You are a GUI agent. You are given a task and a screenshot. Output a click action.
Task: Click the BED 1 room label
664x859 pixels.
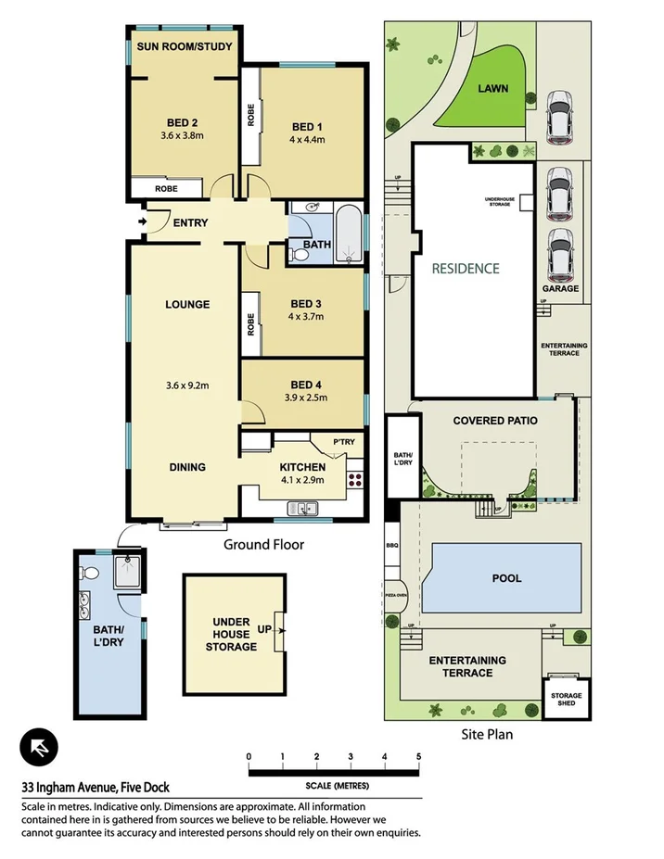[307, 127]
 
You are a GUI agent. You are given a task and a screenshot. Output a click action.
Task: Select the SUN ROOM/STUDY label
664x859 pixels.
[185, 46]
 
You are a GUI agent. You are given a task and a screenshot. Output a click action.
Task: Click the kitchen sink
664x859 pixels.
[302, 508]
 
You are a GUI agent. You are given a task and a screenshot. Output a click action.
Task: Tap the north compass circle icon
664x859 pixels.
[39, 747]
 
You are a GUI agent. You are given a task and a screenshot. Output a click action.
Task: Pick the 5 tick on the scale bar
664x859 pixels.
[418, 757]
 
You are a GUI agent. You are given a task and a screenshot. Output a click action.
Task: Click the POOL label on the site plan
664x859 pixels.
[506, 578]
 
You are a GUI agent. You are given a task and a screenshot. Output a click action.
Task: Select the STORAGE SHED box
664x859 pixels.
[566, 701]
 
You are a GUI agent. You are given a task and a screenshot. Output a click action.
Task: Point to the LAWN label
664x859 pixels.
[493, 90]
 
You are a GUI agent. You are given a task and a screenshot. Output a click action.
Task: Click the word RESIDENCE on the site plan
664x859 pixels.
[466, 269]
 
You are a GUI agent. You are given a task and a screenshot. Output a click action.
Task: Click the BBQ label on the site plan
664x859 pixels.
[391, 546]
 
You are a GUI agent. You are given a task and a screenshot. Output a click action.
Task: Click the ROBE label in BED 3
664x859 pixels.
[250, 323]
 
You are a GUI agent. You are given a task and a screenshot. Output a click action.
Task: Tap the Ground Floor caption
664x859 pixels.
[263, 545]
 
